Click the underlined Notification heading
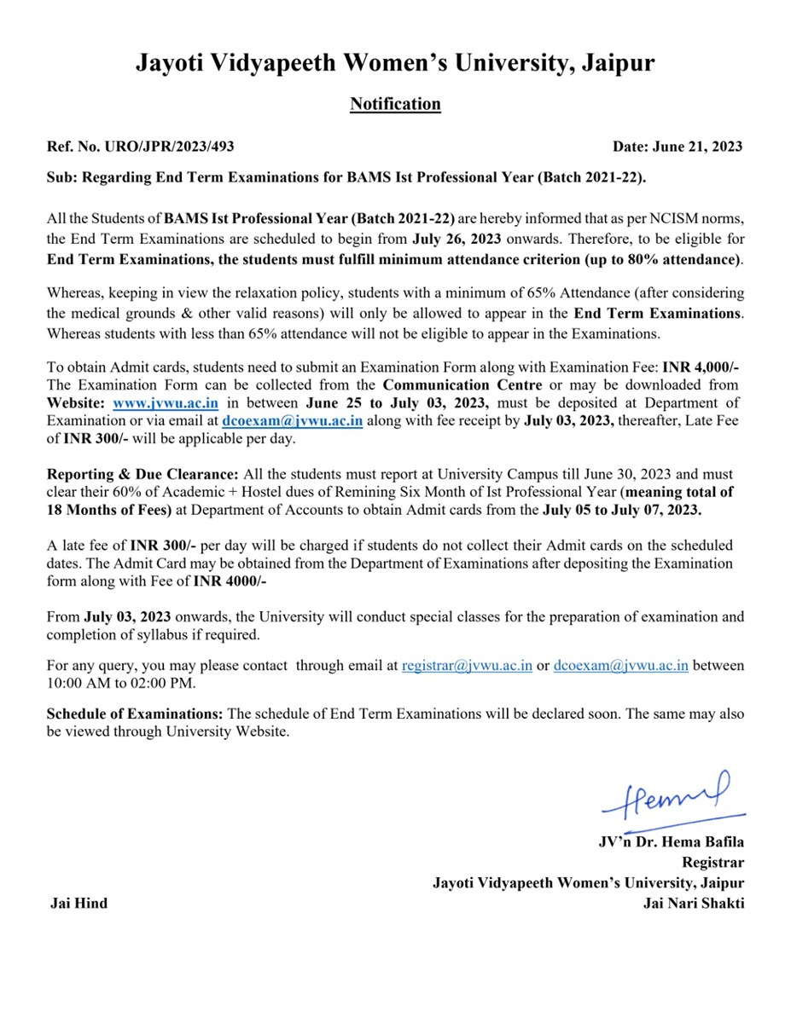(x=395, y=104)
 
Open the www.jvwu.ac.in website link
(x=166, y=402)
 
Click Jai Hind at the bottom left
(x=79, y=903)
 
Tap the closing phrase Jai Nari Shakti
(x=694, y=903)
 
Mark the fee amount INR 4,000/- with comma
(x=700, y=367)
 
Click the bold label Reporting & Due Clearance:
(x=143, y=474)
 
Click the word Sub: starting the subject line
(x=60, y=177)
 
